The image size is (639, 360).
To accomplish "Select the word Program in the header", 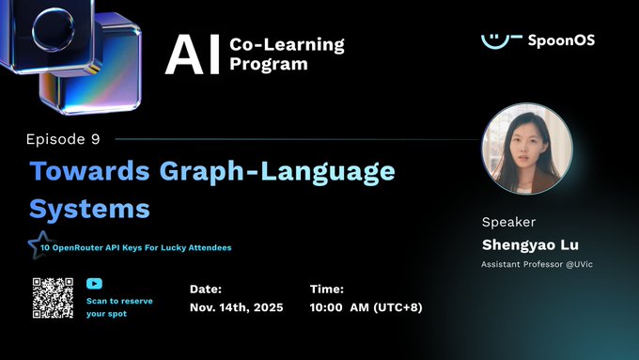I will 268,64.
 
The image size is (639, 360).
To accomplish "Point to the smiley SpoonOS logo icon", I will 501,39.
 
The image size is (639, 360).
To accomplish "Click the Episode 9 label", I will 64,139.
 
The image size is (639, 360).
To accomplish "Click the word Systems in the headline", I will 89,206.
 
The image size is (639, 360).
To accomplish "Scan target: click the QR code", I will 53,299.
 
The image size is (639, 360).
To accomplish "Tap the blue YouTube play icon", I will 94,283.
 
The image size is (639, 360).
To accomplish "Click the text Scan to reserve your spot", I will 118,307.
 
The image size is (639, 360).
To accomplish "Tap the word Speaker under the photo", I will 508,223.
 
